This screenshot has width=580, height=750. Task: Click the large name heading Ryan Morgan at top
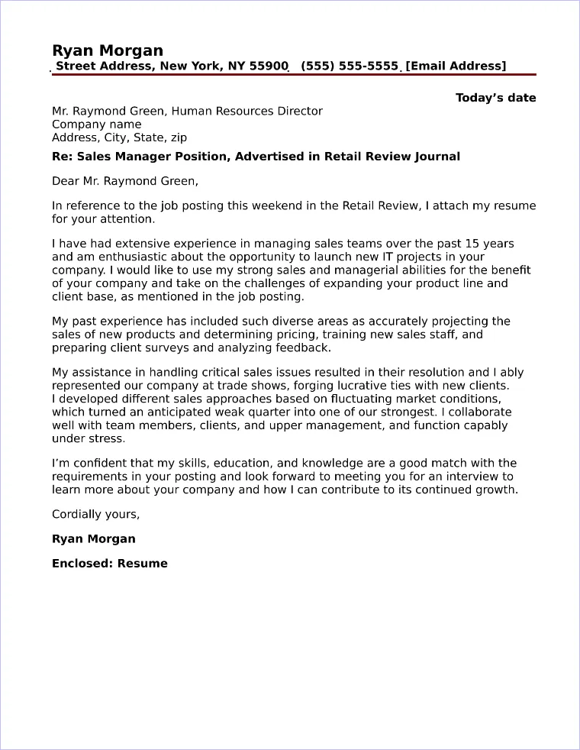(x=108, y=50)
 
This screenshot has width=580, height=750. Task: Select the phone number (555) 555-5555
(x=350, y=66)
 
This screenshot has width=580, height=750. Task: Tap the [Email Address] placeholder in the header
(x=456, y=66)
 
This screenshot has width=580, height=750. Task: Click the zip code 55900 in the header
(x=269, y=66)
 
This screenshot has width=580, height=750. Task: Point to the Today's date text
(x=495, y=98)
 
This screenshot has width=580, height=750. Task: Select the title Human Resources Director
(x=246, y=112)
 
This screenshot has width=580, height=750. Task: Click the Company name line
(x=96, y=124)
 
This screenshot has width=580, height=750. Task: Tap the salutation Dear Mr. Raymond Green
(x=124, y=181)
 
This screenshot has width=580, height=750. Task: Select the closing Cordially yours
(x=95, y=514)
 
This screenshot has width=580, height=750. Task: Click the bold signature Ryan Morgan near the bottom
(x=93, y=539)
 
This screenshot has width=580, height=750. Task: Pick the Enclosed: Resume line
(x=109, y=564)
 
